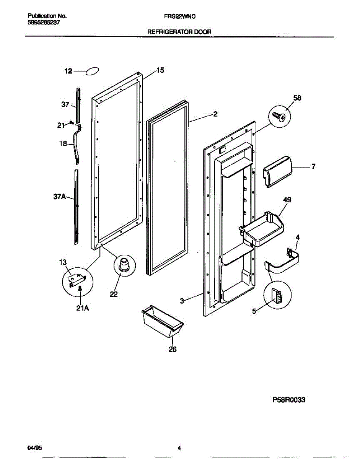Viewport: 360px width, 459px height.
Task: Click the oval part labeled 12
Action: coord(92,72)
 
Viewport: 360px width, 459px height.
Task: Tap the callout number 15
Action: coord(160,70)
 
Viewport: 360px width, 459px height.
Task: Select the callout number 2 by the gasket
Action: coord(215,114)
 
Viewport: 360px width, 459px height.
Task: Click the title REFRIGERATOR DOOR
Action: coord(179,33)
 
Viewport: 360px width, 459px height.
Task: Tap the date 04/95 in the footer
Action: coord(33,448)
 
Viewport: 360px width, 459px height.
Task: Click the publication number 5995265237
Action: coord(44,23)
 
